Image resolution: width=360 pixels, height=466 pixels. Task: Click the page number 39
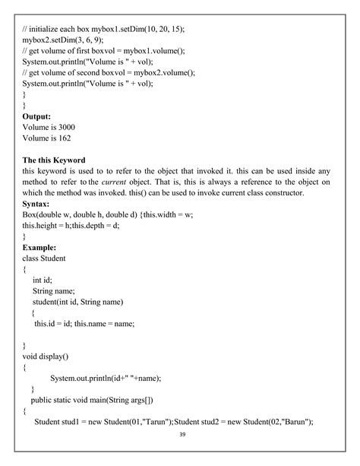182,434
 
